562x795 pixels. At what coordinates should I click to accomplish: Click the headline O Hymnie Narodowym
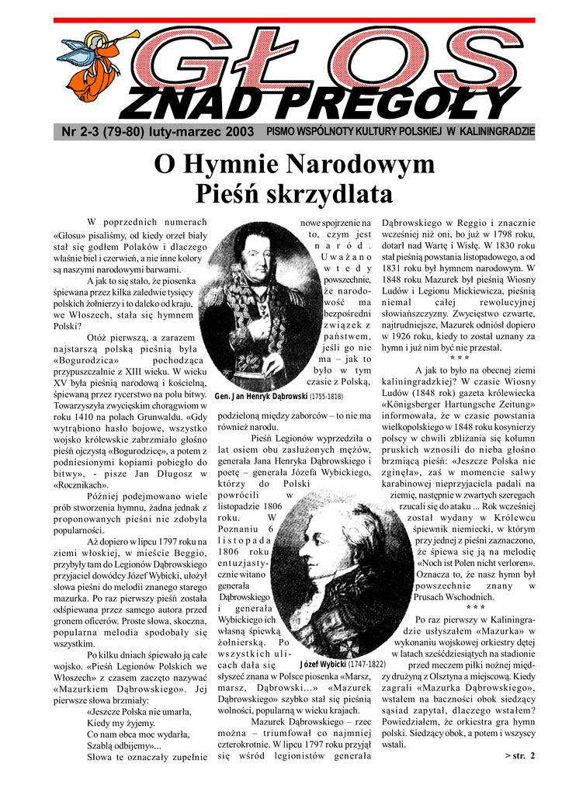(294, 165)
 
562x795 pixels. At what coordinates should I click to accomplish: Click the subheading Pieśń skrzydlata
(294, 192)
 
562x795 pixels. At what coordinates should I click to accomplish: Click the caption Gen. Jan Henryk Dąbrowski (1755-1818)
(279, 397)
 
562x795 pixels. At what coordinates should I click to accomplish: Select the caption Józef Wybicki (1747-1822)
(342, 665)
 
